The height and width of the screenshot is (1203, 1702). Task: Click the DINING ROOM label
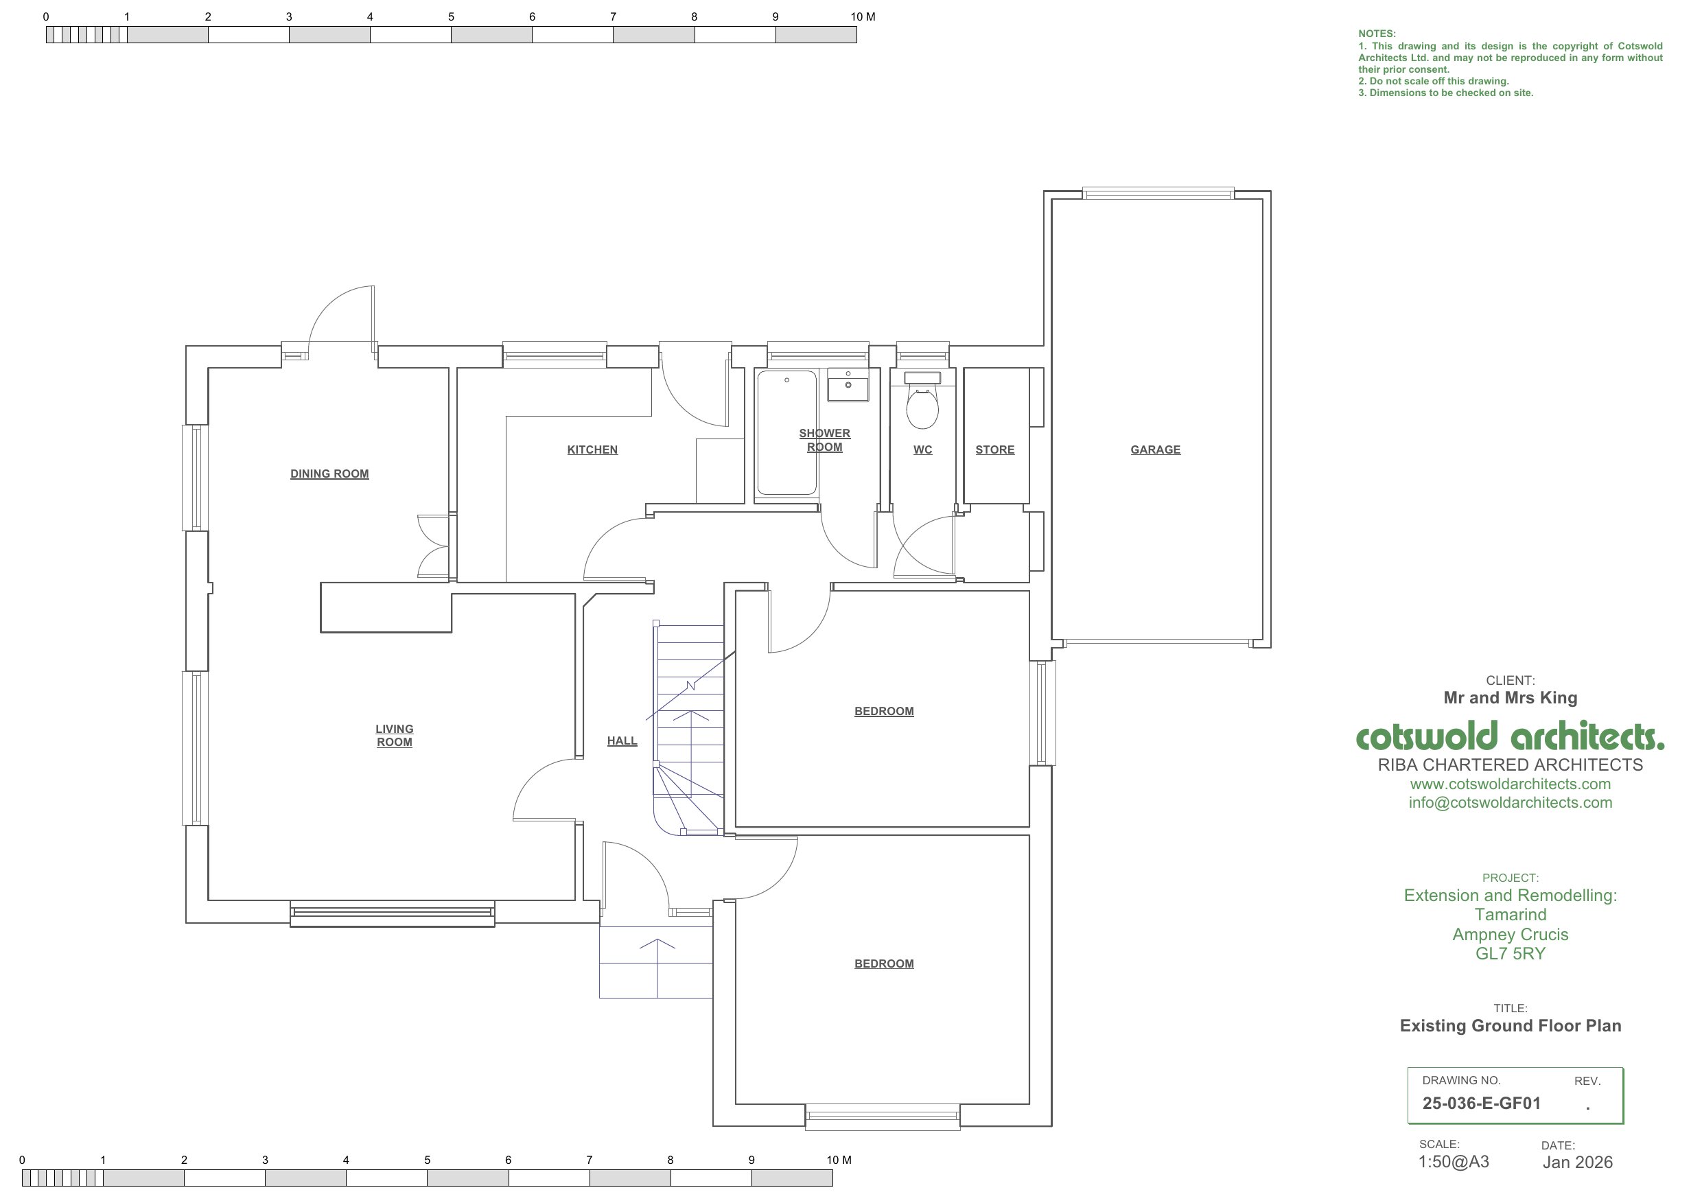tap(329, 474)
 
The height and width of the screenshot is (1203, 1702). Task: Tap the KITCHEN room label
tap(592, 450)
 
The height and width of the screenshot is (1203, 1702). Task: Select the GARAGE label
tap(1155, 450)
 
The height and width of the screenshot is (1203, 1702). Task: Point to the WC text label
tap(922, 450)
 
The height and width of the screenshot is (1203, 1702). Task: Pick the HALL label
tap(622, 740)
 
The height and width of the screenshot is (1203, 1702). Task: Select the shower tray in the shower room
tap(786, 433)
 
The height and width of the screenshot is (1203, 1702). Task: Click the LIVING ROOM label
tap(395, 735)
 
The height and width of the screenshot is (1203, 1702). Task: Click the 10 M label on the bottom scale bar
tap(839, 1160)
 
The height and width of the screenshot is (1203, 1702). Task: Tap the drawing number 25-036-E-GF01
tap(1481, 1103)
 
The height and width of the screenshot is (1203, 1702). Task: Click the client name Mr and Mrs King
tap(1510, 697)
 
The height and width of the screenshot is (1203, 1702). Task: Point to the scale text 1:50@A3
tap(1454, 1162)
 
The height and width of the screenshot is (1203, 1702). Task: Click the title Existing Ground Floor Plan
tap(1510, 1026)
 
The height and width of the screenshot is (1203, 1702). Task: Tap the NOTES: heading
tap(1377, 34)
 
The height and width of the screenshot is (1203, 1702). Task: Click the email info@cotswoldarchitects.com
tap(1510, 802)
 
